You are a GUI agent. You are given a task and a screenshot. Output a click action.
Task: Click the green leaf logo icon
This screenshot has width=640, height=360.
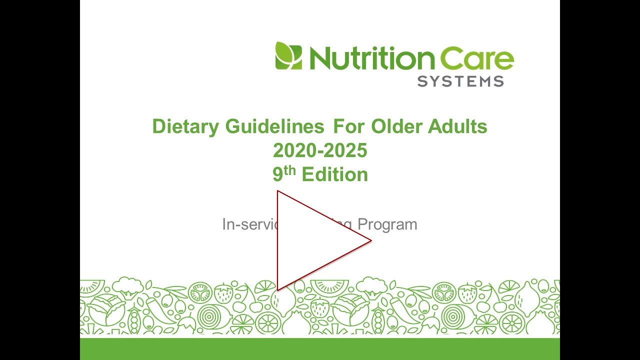pos(288,55)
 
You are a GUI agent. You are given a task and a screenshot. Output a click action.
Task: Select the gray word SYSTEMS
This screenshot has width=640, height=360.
pos(460,81)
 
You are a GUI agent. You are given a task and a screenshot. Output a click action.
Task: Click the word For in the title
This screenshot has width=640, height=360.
pos(349,126)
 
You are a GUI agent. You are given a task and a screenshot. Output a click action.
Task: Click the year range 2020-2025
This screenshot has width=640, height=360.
pos(320,150)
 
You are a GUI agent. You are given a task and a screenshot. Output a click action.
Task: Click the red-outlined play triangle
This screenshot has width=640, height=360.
pos(310,240)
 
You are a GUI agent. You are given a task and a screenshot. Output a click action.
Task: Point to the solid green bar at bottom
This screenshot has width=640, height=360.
pos(320,348)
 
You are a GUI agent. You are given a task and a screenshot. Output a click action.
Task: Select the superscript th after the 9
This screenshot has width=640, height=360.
pos(291,170)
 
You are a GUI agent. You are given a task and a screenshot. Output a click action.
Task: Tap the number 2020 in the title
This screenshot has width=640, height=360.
pos(292,150)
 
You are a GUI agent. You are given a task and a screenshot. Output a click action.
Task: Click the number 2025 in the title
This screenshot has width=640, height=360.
pos(347,150)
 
